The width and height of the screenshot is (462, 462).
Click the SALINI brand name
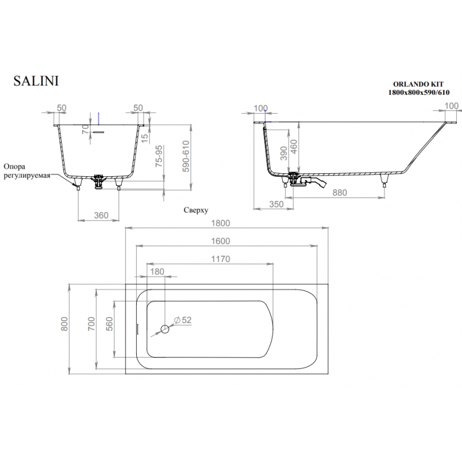(x=36, y=81)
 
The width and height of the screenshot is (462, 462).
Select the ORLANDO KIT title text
(x=418, y=84)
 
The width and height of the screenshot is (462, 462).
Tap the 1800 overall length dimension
(x=221, y=223)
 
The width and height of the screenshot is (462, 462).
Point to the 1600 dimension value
(x=221, y=241)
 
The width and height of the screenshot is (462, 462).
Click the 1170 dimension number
(x=221, y=259)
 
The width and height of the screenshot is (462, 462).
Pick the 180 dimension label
(x=157, y=271)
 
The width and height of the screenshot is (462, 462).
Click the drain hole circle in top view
(x=165, y=329)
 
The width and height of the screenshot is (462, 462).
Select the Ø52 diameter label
(x=182, y=320)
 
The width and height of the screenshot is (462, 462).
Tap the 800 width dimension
(x=65, y=324)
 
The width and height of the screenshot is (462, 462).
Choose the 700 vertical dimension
(x=91, y=323)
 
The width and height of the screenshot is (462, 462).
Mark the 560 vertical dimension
(x=109, y=324)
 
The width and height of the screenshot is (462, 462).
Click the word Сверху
(x=196, y=210)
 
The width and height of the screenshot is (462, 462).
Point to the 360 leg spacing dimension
(x=101, y=215)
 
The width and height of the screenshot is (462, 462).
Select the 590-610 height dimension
(x=185, y=156)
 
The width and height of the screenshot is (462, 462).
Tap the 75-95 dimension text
(x=159, y=156)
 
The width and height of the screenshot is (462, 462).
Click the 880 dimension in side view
(x=340, y=192)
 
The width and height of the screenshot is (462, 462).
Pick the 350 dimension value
(x=276, y=204)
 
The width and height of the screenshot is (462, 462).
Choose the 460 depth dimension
(x=294, y=147)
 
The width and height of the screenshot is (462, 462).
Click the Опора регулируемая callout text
(x=27, y=171)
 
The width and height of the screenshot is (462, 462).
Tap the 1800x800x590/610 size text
(x=419, y=92)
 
